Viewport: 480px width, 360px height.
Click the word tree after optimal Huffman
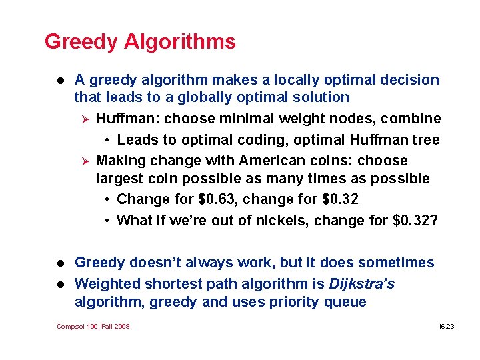(x=426, y=139)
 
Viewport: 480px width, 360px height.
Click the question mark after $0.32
(x=434, y=221)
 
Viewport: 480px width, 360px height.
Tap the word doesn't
(x=157, y=263)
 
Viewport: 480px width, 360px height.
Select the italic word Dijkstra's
(x=361, y=284)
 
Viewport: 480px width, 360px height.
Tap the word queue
(x=347, y=303)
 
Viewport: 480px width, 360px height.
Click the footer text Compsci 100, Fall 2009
(x=93, y=326)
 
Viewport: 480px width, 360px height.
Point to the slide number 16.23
(x=445, y=326)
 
